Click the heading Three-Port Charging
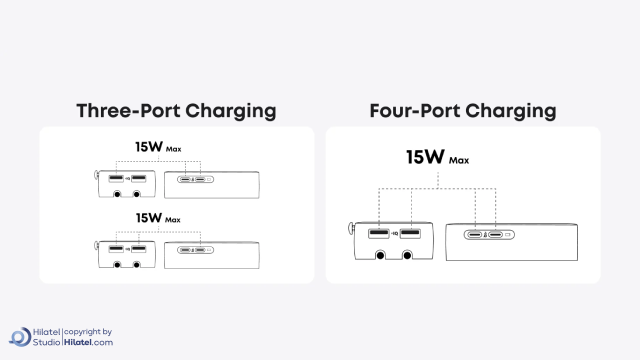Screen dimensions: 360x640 point(176,111)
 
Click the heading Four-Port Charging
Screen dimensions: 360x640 point(462,111)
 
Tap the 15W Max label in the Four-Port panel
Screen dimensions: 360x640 point(437,157)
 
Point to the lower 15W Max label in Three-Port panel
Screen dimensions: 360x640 point(158,218)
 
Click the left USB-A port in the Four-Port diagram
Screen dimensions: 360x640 point(378,233)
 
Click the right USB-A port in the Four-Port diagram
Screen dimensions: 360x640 point(410,233)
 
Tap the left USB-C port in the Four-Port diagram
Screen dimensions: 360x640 point(474,234)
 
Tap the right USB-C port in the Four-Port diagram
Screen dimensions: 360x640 point(495,234)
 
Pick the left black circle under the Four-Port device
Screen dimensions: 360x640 point(380,255)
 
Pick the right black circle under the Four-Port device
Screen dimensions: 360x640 point(407,255)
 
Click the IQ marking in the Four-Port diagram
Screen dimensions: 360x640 point(394,233)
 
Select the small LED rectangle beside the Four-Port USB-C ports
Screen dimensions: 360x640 point(508,234)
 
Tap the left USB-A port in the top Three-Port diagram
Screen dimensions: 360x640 point(116,178)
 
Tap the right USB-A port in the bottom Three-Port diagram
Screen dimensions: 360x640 point(139,249)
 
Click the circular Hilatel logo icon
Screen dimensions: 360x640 point(20,337)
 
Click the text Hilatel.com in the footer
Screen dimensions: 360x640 point(88,342)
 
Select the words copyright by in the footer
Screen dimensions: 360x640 point(88,332)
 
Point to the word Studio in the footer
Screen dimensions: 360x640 point(46,342)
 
